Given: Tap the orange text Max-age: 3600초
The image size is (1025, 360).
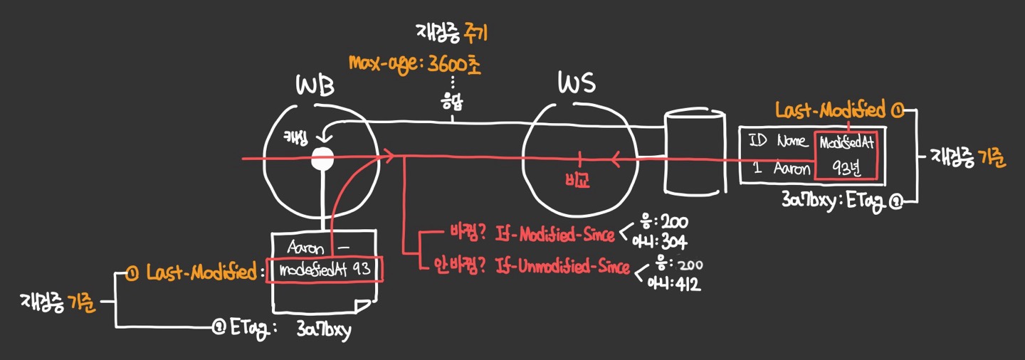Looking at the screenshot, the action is point(415,64).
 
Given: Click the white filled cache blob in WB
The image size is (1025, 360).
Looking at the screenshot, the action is point(323,158).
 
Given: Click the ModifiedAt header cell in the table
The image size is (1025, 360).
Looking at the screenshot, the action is point(846,143).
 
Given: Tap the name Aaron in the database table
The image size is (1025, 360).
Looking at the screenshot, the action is point(792,169).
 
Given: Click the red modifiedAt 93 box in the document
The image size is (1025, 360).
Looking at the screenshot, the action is point(324,270).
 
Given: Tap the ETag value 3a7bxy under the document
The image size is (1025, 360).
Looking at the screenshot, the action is point(324,330).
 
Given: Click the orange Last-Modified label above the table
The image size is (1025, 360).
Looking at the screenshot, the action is point(831,110).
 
